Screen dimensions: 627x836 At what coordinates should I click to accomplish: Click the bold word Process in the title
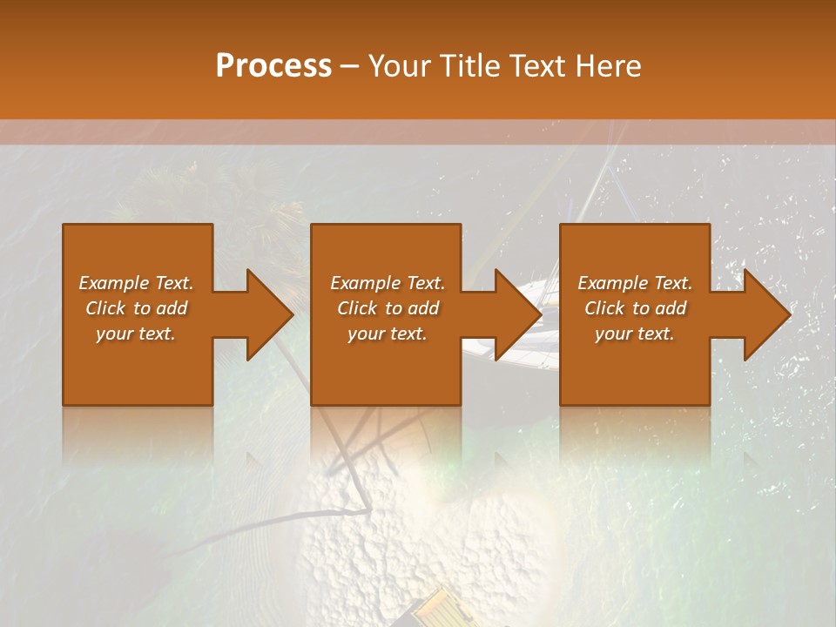tap(273, 65)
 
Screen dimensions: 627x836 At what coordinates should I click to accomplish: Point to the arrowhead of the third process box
tap(765, 314)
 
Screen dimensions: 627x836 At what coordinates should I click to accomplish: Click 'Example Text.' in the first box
tap(136, 283)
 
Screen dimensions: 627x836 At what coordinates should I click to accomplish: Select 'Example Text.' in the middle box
tap(388, 283)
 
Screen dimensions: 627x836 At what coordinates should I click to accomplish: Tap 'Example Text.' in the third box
tap(635, 283)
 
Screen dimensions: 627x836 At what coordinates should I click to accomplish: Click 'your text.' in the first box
tap(136, 334)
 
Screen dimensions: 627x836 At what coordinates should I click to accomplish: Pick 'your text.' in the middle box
tap(388, 334)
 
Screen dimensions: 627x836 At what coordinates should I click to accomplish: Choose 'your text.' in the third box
tap(635, 334)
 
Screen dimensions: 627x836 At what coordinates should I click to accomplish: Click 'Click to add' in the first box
tap(136, 308)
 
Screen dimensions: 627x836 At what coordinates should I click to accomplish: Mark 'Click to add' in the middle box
tap(388, 308)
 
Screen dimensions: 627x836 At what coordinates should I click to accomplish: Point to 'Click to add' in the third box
tap(635, 308)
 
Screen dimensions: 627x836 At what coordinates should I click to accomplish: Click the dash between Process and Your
tap(350, 67)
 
